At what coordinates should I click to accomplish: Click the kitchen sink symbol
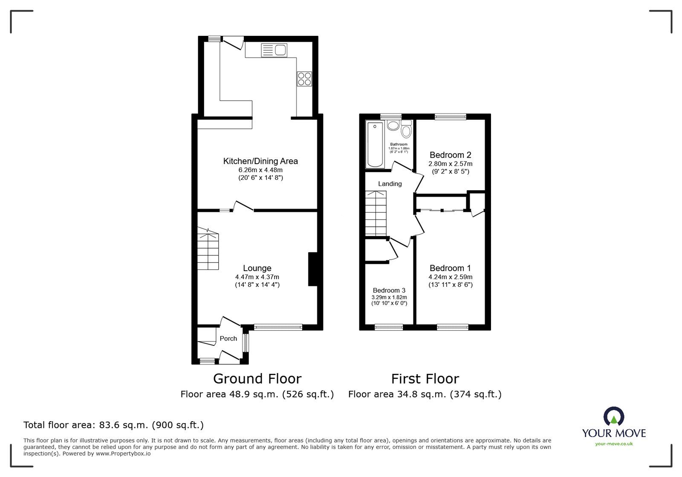click(274, 51)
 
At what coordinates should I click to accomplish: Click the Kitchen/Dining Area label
click(260, 161)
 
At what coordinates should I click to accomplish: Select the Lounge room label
click(257, 268)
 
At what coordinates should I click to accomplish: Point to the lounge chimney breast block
click(313, 269)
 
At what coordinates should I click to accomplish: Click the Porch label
click(228, 338)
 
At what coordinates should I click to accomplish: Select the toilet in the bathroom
click(406, 129)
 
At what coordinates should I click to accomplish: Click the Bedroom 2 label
click(450, 155)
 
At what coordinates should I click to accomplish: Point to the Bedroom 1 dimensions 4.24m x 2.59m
click(450, 277)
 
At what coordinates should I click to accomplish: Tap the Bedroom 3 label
click(389, 290)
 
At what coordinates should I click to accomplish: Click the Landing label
click(390, 184)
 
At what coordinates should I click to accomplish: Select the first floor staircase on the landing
click(376, 213)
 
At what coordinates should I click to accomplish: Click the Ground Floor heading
click(257, 379)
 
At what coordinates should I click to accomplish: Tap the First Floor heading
click(425, 379)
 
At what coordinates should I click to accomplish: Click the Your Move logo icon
click(614, 417)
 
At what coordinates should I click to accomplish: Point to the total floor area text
click(113, 425)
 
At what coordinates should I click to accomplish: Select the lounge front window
click(278, 327)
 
